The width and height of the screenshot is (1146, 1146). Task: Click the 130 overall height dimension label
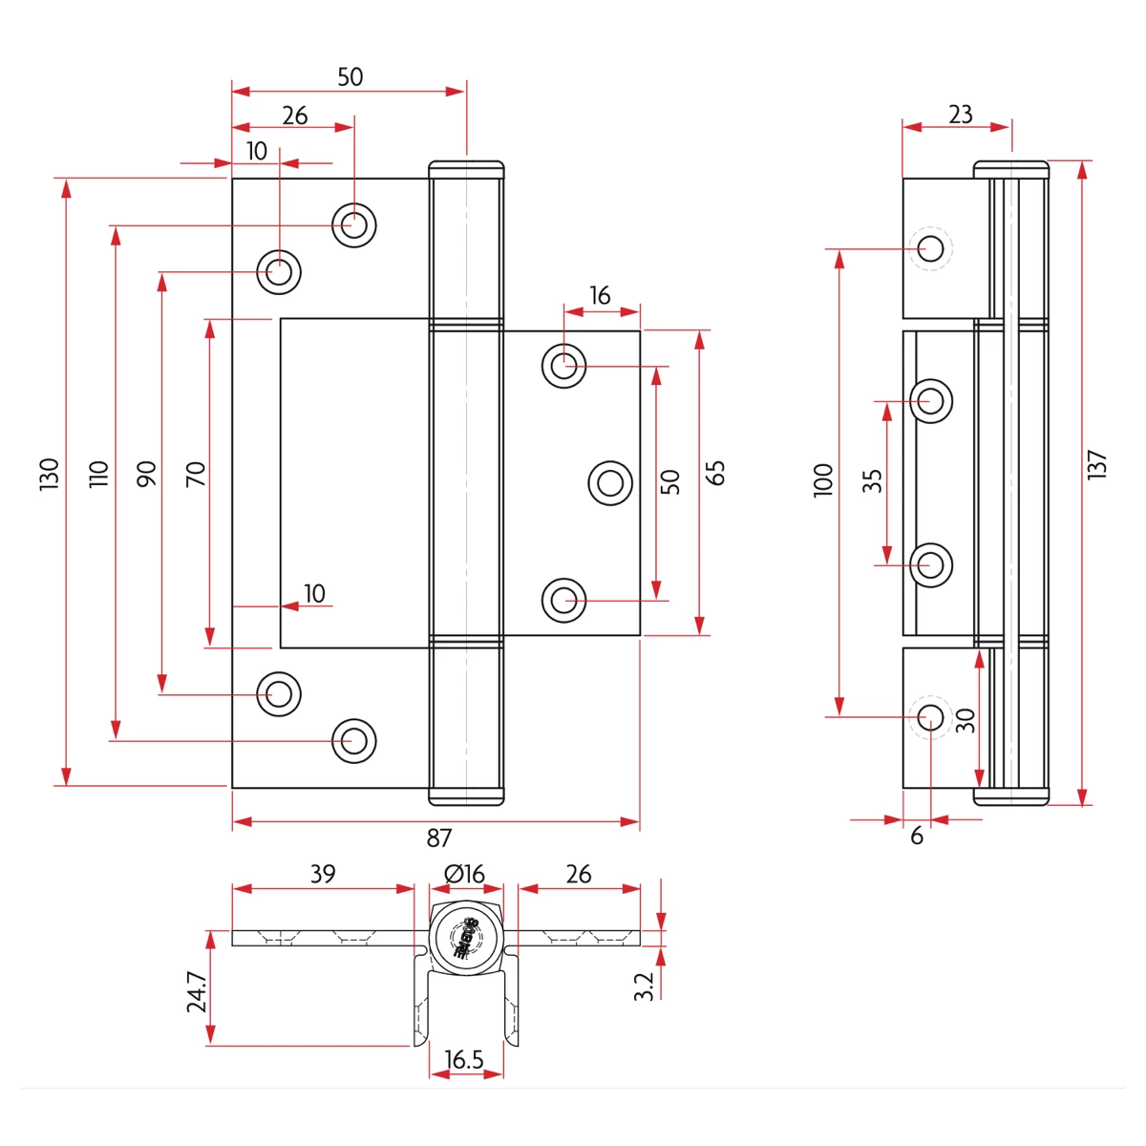(50, 474)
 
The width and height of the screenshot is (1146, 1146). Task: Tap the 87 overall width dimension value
(438, 838)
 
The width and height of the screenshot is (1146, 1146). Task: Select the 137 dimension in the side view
(1097, 465)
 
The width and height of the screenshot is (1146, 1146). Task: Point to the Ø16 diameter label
(464, 874)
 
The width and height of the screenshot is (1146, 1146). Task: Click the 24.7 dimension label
(196, 992)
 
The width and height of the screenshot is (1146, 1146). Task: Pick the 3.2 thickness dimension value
(645, 986)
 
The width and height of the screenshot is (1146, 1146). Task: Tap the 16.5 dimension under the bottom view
(464, 1060)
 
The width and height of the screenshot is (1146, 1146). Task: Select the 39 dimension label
(323, 874)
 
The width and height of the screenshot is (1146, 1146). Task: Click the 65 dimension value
(716, 473)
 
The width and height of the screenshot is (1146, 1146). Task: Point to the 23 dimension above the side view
(960, 115)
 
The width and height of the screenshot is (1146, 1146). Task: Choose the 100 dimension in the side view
(823, 479)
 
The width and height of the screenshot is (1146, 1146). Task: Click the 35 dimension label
(872, 480)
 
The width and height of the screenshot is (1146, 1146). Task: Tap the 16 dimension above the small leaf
(600, 296)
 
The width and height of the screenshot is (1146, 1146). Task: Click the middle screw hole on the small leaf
(609, 482)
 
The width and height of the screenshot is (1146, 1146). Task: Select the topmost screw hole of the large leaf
(354, 225)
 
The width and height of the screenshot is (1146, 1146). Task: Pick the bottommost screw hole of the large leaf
(354, 740)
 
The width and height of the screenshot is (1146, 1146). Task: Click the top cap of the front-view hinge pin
(466, 170)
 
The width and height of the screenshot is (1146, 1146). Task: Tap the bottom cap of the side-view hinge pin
(1010, 796)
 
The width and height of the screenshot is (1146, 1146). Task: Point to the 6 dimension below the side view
(917, 837)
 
